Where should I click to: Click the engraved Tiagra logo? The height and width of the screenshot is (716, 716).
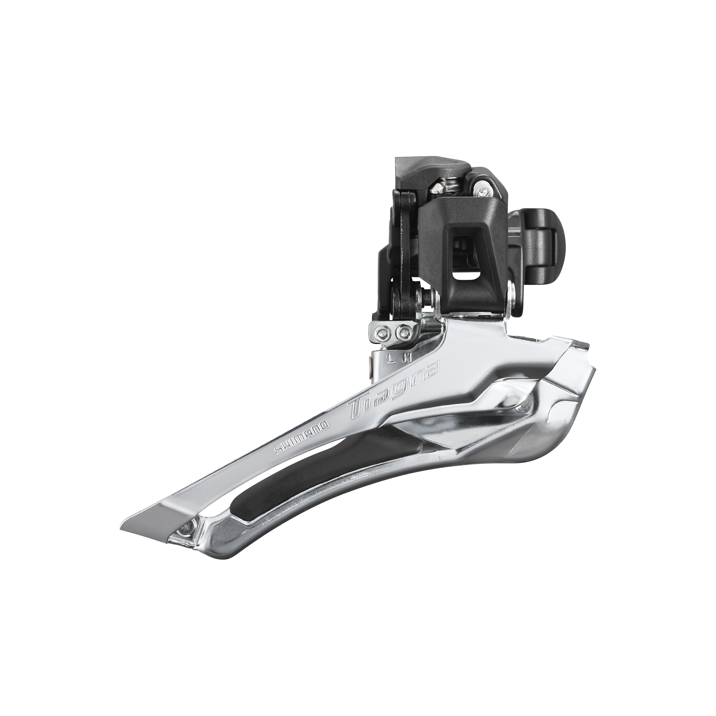[x=395, y=394]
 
